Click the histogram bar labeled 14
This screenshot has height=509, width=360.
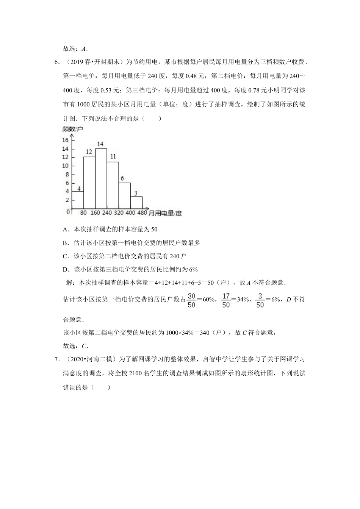pos(101,179)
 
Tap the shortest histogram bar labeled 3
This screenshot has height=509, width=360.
pos(136,203)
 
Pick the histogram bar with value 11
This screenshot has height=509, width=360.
pos(113,185)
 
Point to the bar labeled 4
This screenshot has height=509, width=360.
pos(77,200)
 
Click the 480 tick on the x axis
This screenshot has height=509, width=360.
pos(142,213)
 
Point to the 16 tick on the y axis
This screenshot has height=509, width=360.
pos(65,140)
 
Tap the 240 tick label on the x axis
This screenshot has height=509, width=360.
pos(107,213)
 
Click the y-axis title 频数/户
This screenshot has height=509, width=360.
pos(72,129)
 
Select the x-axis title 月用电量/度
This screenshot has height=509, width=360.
pos(165,214)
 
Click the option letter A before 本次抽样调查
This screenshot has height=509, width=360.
pos(65,230)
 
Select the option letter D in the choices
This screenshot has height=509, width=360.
pos(65,270)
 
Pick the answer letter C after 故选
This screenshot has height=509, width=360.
pos(84,346)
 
